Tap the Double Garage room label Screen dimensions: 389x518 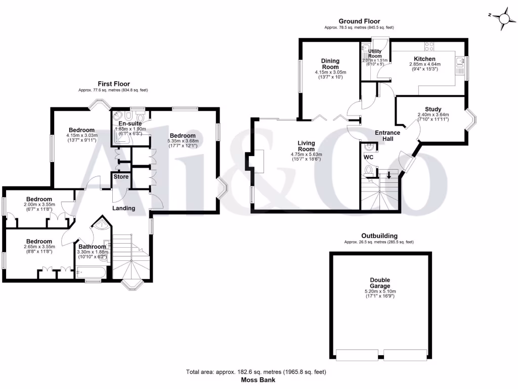(379, 283)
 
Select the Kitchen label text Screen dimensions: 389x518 (424, 59)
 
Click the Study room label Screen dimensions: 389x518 (433, 109)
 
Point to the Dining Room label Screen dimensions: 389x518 (330, 64)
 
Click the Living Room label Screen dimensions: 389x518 (306, 146)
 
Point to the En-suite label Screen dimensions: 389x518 (131, 124)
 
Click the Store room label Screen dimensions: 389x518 (120, 177)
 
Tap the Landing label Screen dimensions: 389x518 (123, 208)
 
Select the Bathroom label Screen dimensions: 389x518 (92, 247)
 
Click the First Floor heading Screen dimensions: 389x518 (113, 84)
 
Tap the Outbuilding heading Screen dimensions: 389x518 (379, 236)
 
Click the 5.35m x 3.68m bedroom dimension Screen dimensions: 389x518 (183, 141)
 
